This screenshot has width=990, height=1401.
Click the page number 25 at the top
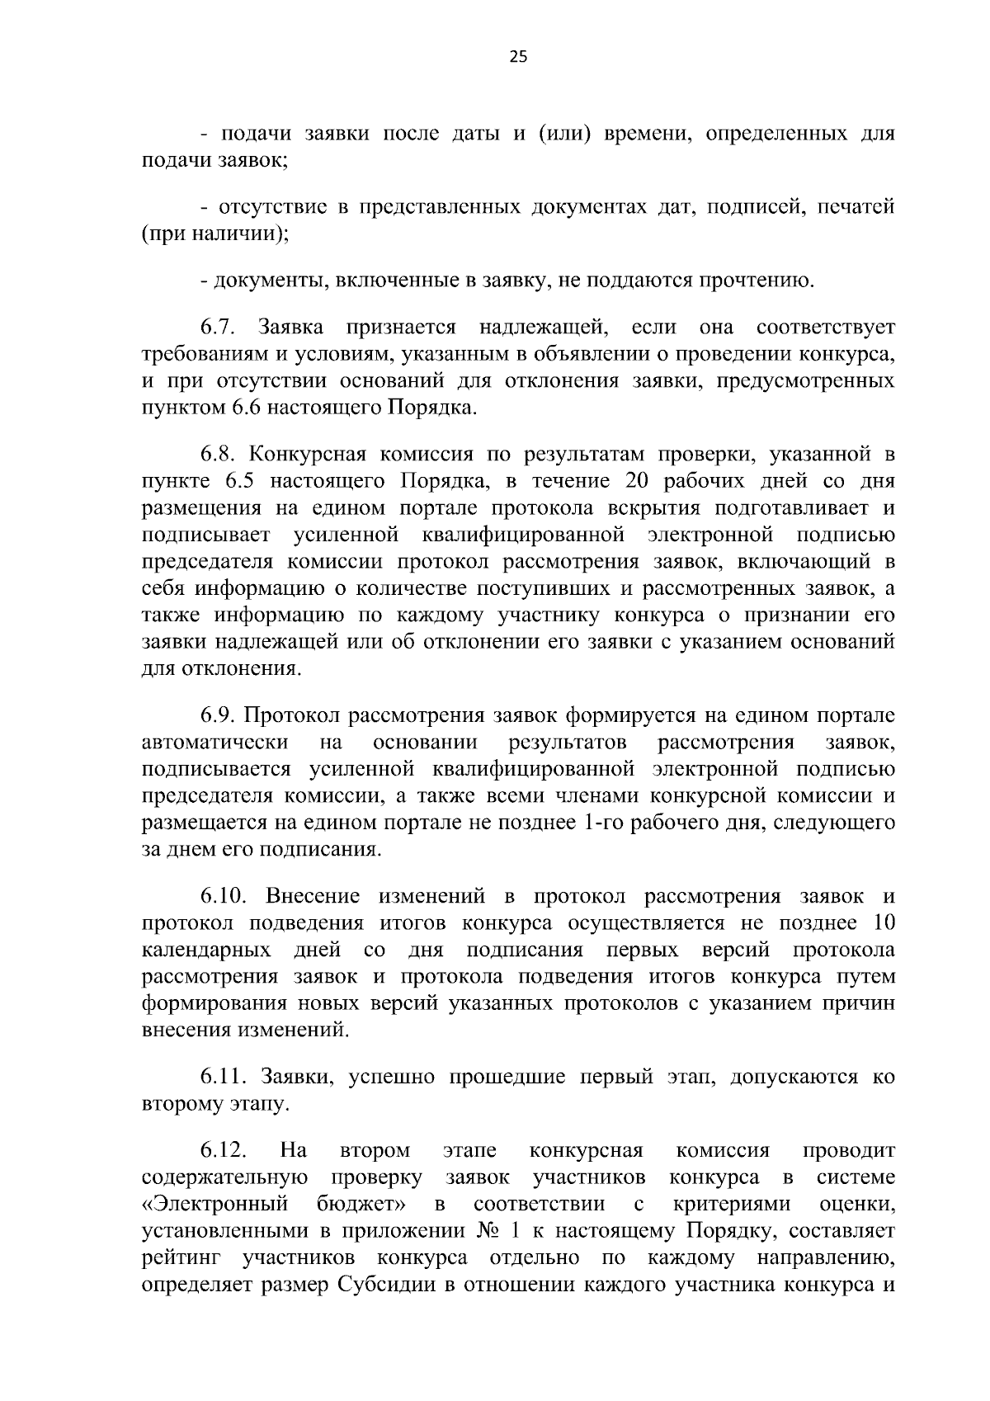(x=519, y=56)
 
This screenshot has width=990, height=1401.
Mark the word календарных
(x=207, y=951)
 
